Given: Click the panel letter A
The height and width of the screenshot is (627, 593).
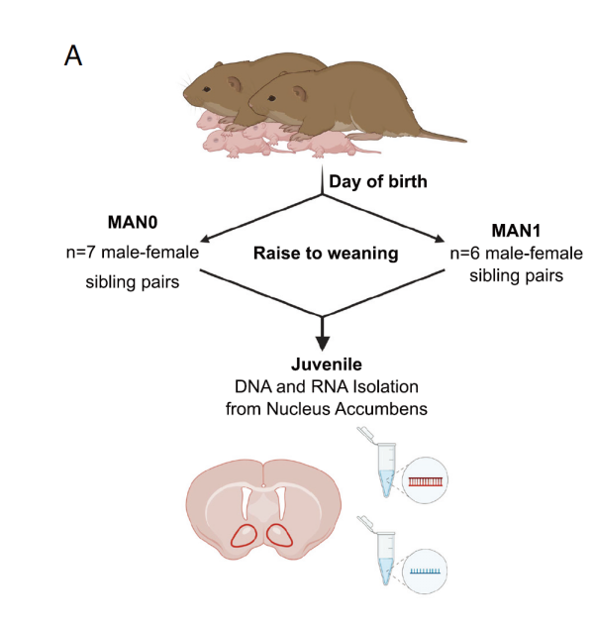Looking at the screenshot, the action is point(73,55).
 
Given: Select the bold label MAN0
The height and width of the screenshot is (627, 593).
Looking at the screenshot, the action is point(133,222).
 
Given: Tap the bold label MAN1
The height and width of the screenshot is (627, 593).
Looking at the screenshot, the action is point(516,231).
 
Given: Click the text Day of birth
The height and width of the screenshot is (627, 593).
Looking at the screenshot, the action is point(378,181).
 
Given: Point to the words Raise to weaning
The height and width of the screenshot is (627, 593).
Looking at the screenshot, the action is point(326,254).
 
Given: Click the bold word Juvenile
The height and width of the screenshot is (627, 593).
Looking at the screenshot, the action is point(327,364).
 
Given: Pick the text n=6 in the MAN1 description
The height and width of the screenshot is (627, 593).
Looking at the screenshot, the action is point(464,254).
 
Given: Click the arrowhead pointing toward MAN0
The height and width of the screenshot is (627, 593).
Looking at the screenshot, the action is point(205,239).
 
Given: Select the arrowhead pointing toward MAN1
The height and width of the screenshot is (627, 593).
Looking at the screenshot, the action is point(440,239).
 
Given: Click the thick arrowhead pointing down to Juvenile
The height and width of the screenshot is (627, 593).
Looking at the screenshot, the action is point(323,343).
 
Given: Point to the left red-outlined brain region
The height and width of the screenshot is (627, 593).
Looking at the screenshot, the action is point(245,536).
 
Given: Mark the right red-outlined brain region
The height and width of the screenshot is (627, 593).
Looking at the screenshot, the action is point(280,535).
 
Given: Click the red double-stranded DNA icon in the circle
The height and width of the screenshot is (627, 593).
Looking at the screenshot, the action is point(425,481).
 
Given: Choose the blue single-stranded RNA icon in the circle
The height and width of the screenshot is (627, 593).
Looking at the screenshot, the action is point(425,572).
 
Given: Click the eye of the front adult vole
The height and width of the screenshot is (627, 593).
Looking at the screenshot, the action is point(271,98).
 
